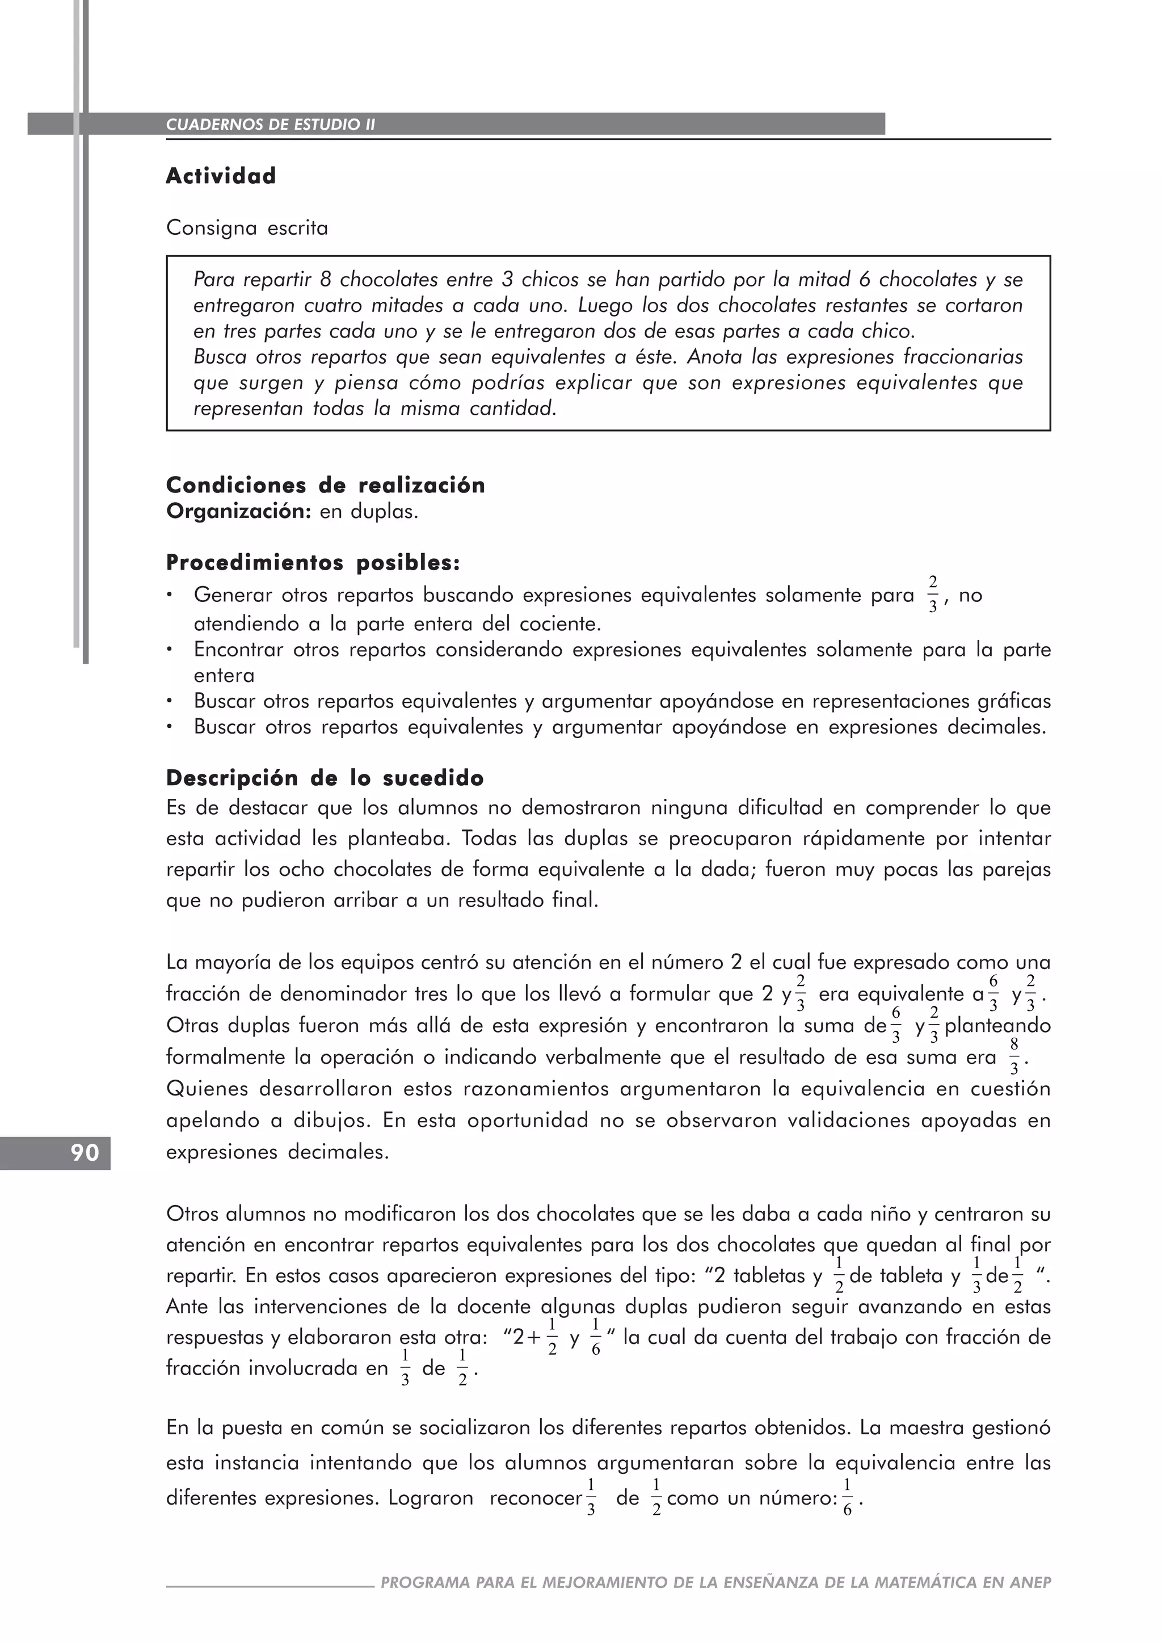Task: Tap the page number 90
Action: (x=85, y=1153)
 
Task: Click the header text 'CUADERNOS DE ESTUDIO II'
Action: (x=271, y=124)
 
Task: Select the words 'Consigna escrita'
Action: (x=247, y=228)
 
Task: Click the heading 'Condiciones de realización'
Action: (x=326, y=485)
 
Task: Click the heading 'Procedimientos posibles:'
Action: (x=313, y=563)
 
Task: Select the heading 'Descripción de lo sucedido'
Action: (x=325, y=778)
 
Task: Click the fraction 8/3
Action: (x=1014, y=1057)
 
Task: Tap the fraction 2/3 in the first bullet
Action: (x=932, y=595)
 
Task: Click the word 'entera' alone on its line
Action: (x=224, y=676)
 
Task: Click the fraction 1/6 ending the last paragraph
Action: (x=847, y=1498)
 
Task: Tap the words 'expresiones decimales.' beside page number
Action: (x=277, y=1152)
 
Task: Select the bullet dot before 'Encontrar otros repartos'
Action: (x=170, y=650)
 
